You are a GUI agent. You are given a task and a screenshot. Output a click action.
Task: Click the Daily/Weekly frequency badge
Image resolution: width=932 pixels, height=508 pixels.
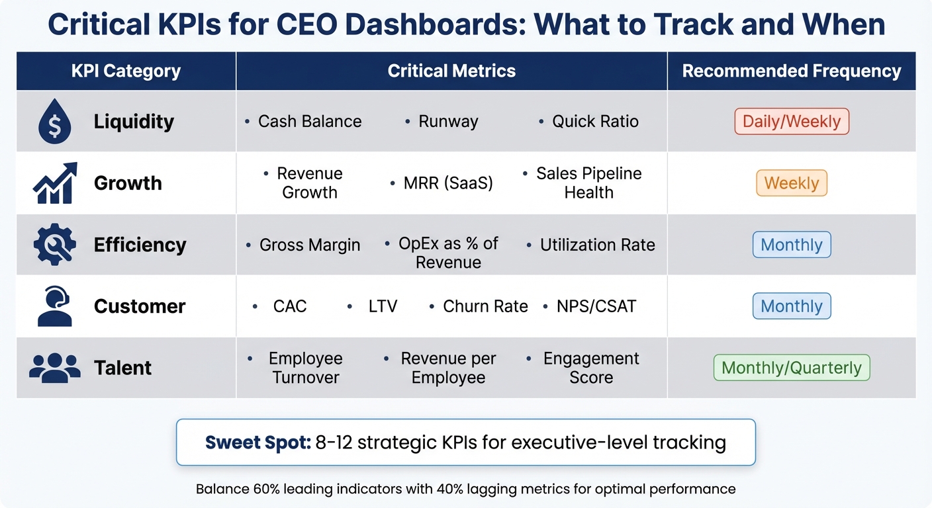click(x=791, y=122)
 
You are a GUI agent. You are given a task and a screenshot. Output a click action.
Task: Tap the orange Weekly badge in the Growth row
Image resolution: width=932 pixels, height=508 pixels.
click(x=791, y=183)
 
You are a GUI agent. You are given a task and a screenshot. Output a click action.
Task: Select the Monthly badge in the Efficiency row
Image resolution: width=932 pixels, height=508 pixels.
click(x=791, y=245)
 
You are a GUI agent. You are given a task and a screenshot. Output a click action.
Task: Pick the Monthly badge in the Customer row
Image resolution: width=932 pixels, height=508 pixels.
click(x=791, y=306)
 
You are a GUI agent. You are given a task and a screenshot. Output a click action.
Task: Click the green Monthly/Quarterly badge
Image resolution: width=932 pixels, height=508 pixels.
click(x=791, y=368)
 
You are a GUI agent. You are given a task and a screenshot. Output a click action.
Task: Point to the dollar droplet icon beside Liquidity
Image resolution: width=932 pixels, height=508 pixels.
click(x=55, y=122)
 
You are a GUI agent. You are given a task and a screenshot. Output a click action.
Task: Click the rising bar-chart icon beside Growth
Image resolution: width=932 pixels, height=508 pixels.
click(x=55, y=183)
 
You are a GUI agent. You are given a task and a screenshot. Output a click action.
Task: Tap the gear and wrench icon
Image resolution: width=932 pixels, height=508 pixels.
click(x=55, y=245)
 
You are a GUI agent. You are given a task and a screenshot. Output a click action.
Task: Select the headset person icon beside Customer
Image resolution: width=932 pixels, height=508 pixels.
click(x=55, y=306)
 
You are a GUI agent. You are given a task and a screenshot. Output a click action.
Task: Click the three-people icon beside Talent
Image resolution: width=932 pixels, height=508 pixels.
click(x=55, y=367)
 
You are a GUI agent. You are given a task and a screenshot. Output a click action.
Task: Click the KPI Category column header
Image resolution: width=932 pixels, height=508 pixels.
click(x=126, y=71)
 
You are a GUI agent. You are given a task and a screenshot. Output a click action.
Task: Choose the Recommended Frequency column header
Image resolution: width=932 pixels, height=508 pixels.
click(x=791, y=71)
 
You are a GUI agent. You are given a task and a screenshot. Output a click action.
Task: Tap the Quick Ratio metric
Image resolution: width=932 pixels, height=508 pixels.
click(x=595, y=122)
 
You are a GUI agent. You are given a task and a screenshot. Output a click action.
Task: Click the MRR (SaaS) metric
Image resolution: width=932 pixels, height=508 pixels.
click(x=448, y=183)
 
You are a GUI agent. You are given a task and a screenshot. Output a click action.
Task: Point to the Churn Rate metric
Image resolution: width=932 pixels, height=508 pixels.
click(x=485, y=306)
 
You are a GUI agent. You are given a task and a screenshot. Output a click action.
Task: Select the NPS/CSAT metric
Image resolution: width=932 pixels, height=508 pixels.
click(x=596, y=306)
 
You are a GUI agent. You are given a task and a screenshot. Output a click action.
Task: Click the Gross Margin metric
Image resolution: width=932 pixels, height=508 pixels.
click(x=310, y=245)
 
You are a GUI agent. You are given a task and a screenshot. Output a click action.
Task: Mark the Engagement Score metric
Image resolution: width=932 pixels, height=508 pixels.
click(x=591, y=368)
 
